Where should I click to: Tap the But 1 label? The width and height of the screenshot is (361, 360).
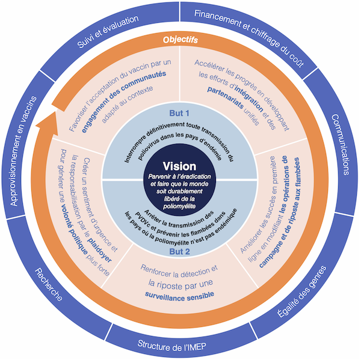point(179,114)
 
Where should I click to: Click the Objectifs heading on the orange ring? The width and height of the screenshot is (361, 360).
point(181,40)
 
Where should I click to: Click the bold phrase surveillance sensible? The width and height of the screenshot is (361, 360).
point(179,295)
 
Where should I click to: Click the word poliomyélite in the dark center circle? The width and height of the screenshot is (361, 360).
point(180,206)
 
